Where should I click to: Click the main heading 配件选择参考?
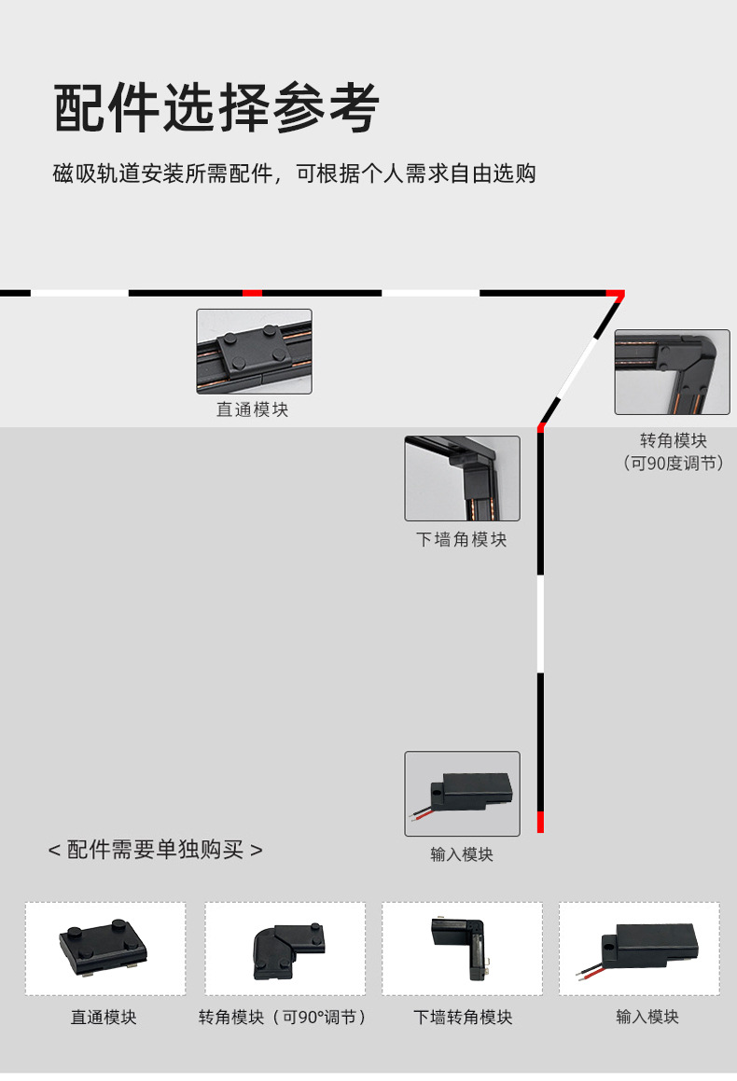(216, 108)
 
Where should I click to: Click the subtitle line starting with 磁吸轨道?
(295, 173)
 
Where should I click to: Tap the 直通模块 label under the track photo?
(252, 409)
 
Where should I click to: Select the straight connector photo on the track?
(254, 352)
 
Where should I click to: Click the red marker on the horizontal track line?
(252, 293)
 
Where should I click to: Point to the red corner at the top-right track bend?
(615, 295)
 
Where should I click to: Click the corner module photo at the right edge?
(672, 371)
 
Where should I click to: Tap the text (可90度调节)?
(673, 463)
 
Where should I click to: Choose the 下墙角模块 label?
(461, 539)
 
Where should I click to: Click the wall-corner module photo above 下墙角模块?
(462, 478)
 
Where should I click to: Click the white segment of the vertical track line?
(540, 624)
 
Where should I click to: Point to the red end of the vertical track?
(540, 822)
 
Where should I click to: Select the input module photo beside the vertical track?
(462, 794)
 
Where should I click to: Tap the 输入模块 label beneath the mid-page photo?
(462, 854)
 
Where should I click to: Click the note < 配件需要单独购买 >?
(156, 850)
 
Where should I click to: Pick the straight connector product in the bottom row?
(104, 948)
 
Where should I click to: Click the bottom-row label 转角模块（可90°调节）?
(284, 1017)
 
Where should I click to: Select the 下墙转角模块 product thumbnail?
(462, 948)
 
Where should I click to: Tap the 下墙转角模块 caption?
(463, 1017)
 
